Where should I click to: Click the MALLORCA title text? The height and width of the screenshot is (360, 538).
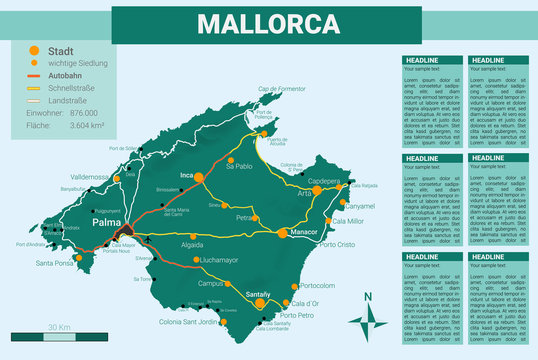pos(268,24)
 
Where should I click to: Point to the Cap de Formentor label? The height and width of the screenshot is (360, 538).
pos(282,89)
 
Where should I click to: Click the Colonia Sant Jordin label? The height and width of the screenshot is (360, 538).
pos(188,321)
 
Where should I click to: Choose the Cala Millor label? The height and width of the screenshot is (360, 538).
pos(348,221)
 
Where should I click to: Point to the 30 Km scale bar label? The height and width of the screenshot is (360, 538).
pos(59,327)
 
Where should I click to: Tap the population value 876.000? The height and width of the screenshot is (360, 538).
pos(83,113)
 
